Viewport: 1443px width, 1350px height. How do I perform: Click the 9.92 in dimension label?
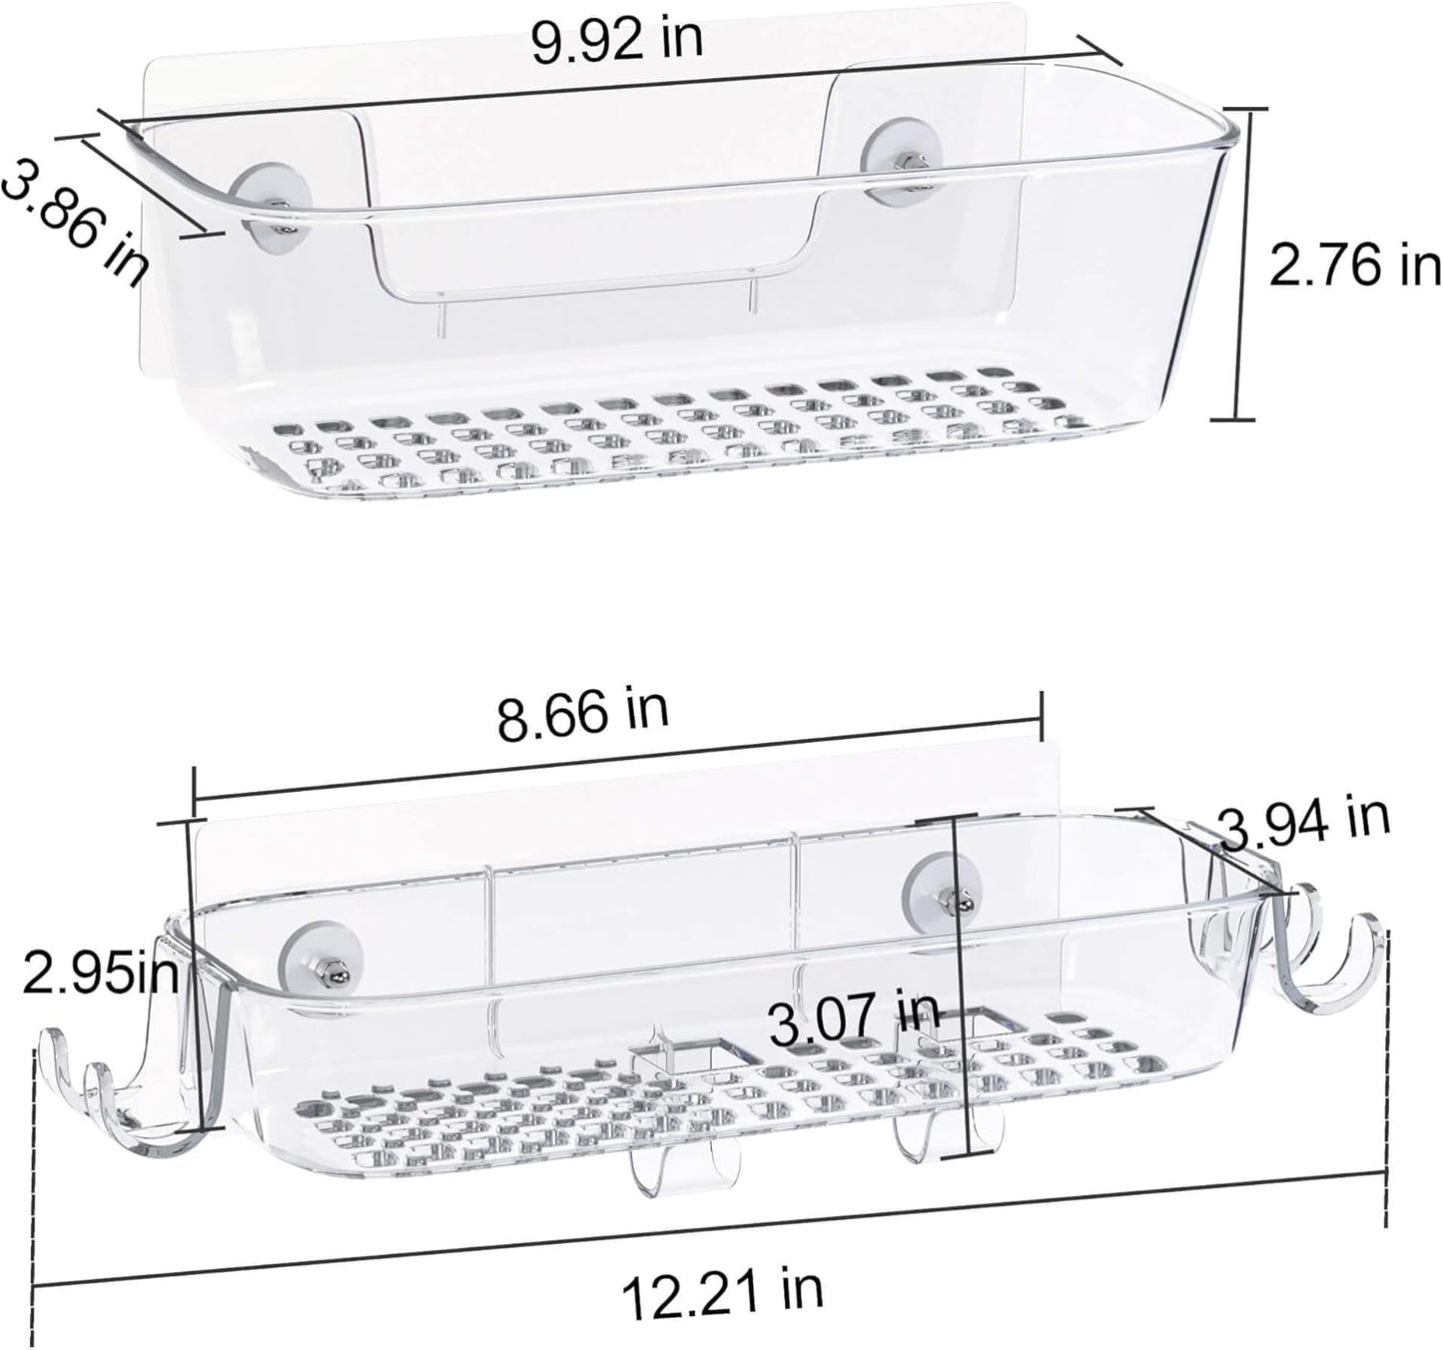point(616,40)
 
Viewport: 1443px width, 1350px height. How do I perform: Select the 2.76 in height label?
point(1353,267)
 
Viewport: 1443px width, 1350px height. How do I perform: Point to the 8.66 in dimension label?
point(582,712)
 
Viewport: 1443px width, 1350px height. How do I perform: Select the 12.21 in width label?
point(722,1288)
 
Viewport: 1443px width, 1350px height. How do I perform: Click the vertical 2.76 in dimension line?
point(1239,265)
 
